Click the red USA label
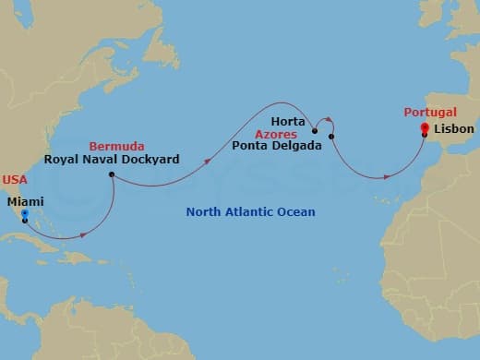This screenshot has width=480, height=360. [x=15, y=180]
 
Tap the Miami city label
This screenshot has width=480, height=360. [x=24, y=200]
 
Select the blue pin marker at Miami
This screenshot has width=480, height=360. [x=24, y=215]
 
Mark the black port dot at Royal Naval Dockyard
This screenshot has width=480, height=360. [x=111, y=174]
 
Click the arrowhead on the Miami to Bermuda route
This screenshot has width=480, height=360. [x=84, y=234]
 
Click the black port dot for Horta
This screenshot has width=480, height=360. [x=316, y=131]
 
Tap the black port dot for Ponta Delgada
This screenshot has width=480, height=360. [x=331, y=137]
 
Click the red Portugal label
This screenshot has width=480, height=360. [x=430, y=112]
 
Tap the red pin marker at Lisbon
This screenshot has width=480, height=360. [x=424, y=128]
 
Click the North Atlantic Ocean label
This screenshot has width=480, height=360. [x=250, y=212]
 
